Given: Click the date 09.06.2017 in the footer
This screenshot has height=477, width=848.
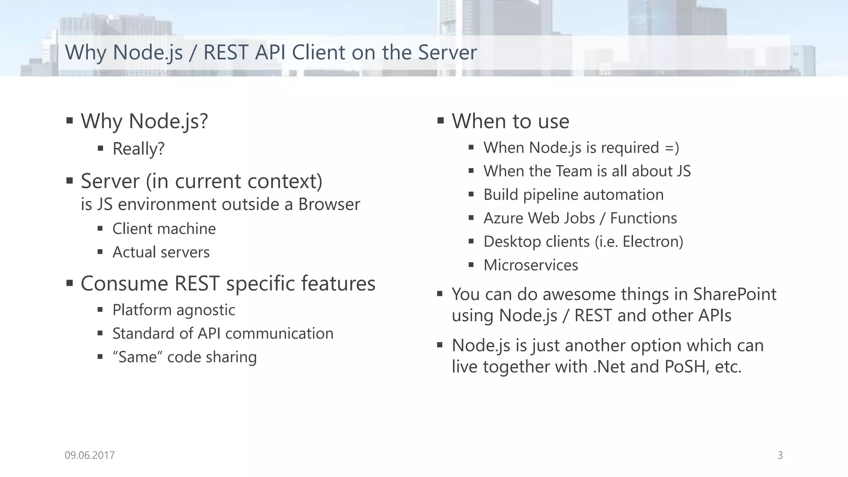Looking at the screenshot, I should [x=89, y=455].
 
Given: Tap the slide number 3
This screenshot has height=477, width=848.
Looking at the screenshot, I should [x=780, y=455].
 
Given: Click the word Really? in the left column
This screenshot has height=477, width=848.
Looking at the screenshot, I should [x=138, y=149].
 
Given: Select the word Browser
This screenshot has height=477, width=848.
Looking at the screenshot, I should [x=329, y=205].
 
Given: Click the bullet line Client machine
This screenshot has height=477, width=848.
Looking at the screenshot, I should [x=164, y=229].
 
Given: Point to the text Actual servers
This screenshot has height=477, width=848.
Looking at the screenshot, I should [x=161, y=252].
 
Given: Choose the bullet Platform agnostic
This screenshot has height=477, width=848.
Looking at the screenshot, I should [x=173, y=310].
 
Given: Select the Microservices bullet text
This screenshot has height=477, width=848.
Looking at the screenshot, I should [x=530, y=265].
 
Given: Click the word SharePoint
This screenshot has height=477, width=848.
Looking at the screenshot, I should [x=735, y=294].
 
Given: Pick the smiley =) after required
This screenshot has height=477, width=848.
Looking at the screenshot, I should [x=672, y=148].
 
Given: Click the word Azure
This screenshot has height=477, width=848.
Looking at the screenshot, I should [x=503, y=218].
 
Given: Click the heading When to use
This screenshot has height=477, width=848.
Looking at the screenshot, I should [x=510, y=121].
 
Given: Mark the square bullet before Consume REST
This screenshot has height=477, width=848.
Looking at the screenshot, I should [x=70, y=284].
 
